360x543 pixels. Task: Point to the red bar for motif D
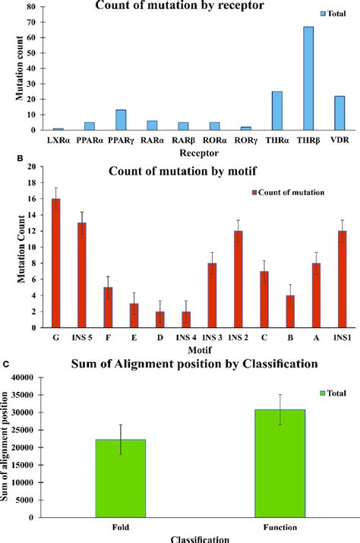(x=159, y=320)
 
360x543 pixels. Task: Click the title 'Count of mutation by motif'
(x=188, y=150)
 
